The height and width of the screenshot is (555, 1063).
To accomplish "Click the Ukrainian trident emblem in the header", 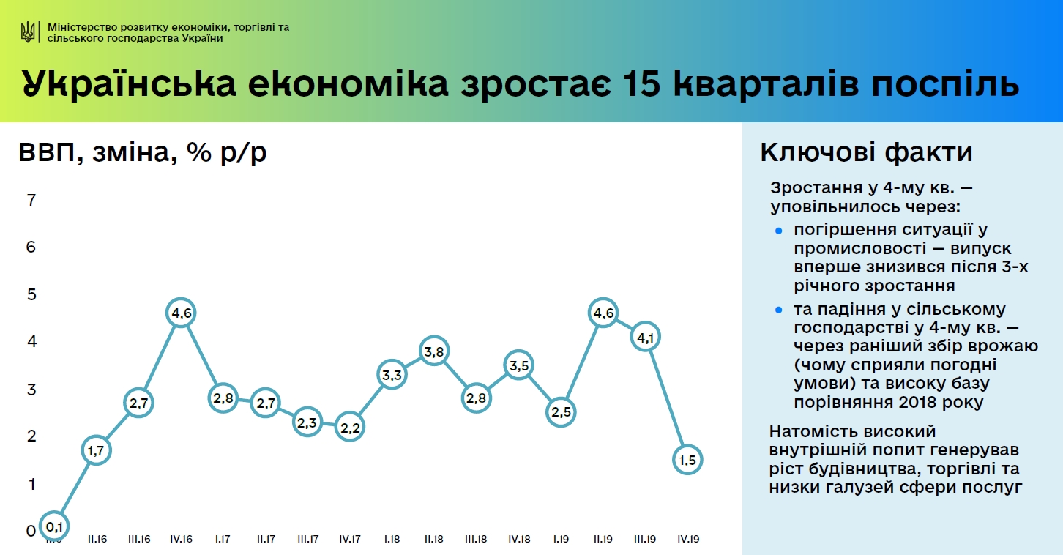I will (29, 31).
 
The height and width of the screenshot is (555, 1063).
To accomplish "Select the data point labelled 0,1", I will (54, 525).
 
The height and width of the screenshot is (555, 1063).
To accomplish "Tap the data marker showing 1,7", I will (96, 450).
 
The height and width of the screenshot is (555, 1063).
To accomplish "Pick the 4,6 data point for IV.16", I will (181, 313).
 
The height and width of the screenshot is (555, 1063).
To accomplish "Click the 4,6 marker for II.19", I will (603, 313).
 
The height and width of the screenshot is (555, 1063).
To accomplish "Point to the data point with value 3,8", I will (434, 351).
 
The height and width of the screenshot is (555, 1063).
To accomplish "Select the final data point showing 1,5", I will (687, 460).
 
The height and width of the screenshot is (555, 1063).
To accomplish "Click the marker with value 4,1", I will (646, 338).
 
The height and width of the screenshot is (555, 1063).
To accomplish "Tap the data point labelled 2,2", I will (349, 427).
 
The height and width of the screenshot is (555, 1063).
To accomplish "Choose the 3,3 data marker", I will (392, 375).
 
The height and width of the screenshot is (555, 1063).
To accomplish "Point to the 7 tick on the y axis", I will (31, 200).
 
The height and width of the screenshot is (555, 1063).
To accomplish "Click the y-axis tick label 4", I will (31, 342).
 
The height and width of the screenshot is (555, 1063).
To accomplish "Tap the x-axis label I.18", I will (392, 539).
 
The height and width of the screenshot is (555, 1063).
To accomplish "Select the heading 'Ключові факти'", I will (866, 152).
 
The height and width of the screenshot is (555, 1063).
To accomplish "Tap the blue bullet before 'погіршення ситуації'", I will (779, 231).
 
